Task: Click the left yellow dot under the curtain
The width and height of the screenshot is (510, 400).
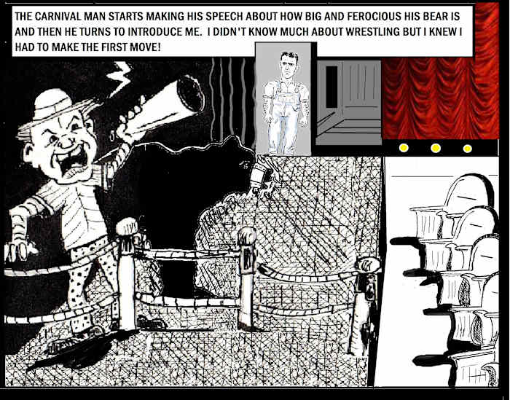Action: (x=404, y=148)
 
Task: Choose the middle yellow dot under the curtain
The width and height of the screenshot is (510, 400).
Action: (x=436, y=149)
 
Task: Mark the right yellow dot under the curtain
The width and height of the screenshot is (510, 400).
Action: (x=468, y=149)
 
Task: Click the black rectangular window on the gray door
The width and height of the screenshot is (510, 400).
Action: (x=331, y=87)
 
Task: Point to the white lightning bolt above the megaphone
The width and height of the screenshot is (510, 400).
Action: (x=119, y=78)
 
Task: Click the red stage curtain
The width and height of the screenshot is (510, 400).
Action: (x=441, y=98)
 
